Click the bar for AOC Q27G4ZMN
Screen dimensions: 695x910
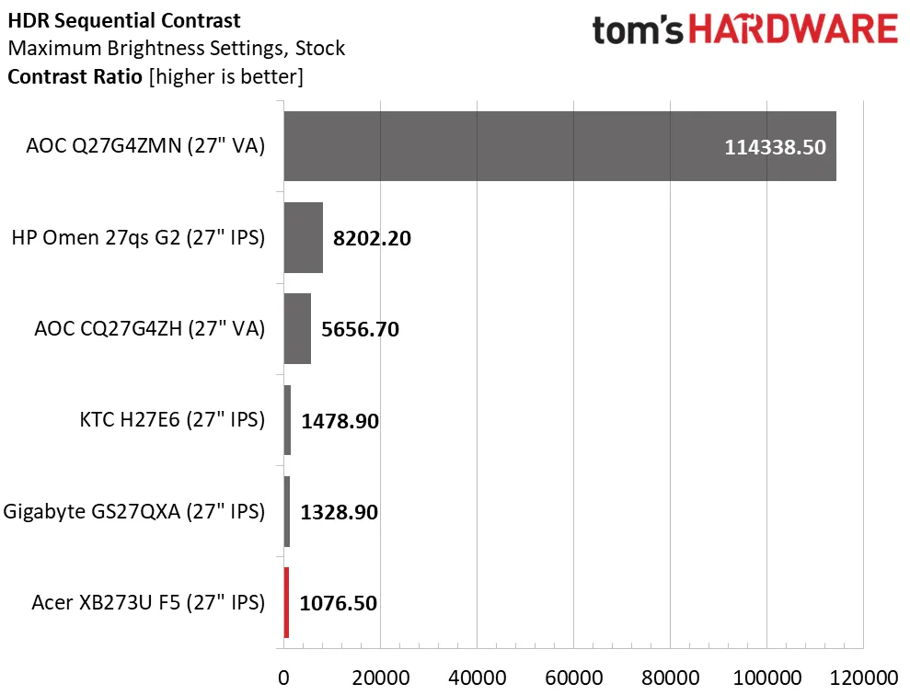pyautogui.click(x=559, y=146)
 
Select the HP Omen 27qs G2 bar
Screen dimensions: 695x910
pyautogui.click(x=303, y=238)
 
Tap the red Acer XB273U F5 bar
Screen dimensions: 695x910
pyautogui.click(x=286, y=603)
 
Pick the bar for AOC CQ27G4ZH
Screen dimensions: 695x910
pyautogui.click(x=297, y=329)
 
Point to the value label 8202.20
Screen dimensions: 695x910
pyautogui.click(x=372, y=238)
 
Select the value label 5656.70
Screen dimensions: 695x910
pyautogui.click(x=360, y=329)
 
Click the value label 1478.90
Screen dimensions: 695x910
pyautogui.click(x=340, y=421)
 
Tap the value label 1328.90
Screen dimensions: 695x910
pyautogui.click(x=340, y=512)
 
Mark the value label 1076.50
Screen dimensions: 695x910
pyautogui.click(x=339, y=604)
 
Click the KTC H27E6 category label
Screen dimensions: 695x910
pyautogui.click(x=172, y=421)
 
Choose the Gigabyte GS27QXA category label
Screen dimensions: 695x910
pyautogui.click(x=134, y=512)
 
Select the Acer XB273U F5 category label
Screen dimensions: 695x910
pyautogui.click(x=148, y=604)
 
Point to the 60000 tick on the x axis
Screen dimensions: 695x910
pyautogui.click(x=572, y=677)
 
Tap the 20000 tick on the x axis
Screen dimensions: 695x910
pyautogui.click(x=380, y=677)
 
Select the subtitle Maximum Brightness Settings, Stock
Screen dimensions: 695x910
pyautogui.click(x=176, y=48)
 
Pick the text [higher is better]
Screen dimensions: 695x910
pyautogui.click(x=225, y=76)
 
